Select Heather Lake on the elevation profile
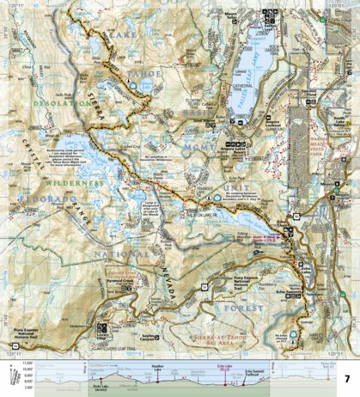pos(157,365)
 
